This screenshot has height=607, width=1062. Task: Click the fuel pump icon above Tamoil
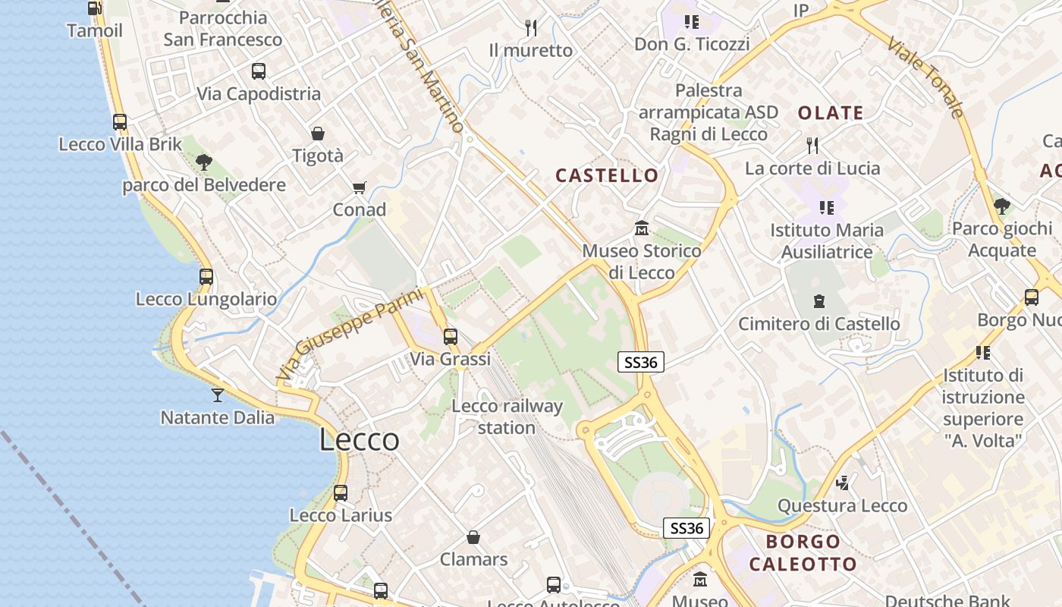(95, 8)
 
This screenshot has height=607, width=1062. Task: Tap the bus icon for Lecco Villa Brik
(120, 121)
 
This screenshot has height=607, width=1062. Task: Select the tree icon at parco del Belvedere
(203, 162)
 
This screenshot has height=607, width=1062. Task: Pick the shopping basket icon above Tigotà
(318, 134)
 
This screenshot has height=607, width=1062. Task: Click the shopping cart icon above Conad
(360, 187)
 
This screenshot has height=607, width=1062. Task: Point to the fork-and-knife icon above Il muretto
(531, 28)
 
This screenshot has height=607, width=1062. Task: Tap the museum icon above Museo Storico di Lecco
(642, 228)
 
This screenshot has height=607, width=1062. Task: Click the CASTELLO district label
(607, 176)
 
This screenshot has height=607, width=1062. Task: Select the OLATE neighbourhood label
(831, 113)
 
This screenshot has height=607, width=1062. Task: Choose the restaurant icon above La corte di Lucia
(812, 145)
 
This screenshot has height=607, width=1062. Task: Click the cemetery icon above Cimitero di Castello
(819, 301)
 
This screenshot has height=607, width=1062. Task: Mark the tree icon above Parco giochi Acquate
(1002, 206)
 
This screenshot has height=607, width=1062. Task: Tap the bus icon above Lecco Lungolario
(206, 276)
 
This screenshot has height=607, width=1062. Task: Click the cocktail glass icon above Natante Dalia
(218, 395)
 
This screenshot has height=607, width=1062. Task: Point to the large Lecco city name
(359, 440)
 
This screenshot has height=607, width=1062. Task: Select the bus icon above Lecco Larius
(341, 492)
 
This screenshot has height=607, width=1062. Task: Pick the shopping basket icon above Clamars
(473, 537)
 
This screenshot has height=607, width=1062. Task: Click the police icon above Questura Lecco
(842, 483)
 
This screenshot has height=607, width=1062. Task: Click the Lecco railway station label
(507, 417)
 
